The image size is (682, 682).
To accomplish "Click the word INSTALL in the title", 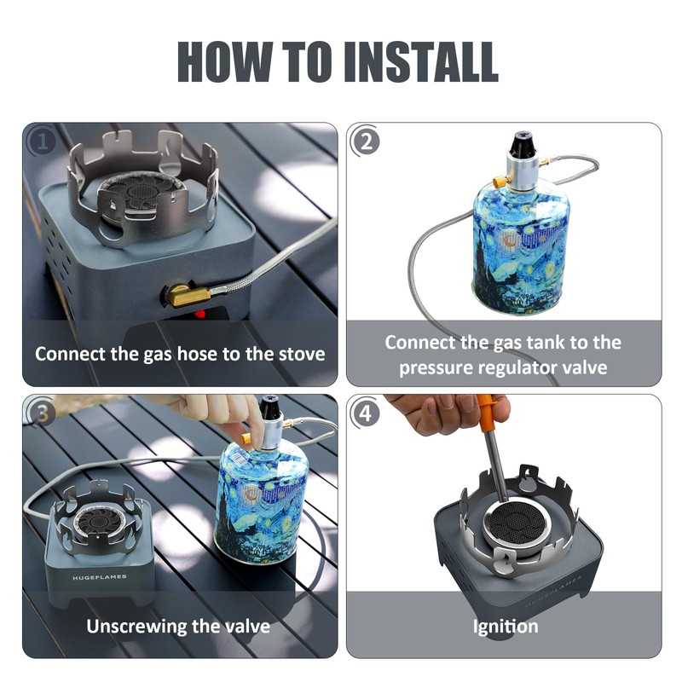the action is pyautogui.click(x=420, y=61).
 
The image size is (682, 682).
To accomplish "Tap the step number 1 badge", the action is pyautogui.click(x=42, y=142).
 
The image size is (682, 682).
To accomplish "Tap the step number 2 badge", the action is pyautogui.click(x=367, y=142).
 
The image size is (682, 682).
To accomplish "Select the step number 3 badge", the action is pyautogui.click(x=42, y=413).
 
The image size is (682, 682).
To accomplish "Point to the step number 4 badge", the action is pyautogui.click(x=367, y=413).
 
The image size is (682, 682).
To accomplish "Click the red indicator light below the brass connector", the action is pyautogui.click(x=199, y=313).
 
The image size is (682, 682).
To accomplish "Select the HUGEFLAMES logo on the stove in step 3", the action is pyautogui.click(x=100, y=578).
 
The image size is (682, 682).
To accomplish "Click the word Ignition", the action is pyautogui.click(x=506, y=627).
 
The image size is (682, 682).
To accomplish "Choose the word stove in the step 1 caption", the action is pyautogui.click(x=302, y=354).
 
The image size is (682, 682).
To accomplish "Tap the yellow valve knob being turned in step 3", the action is pyautogui.click(x=247, y=437).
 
